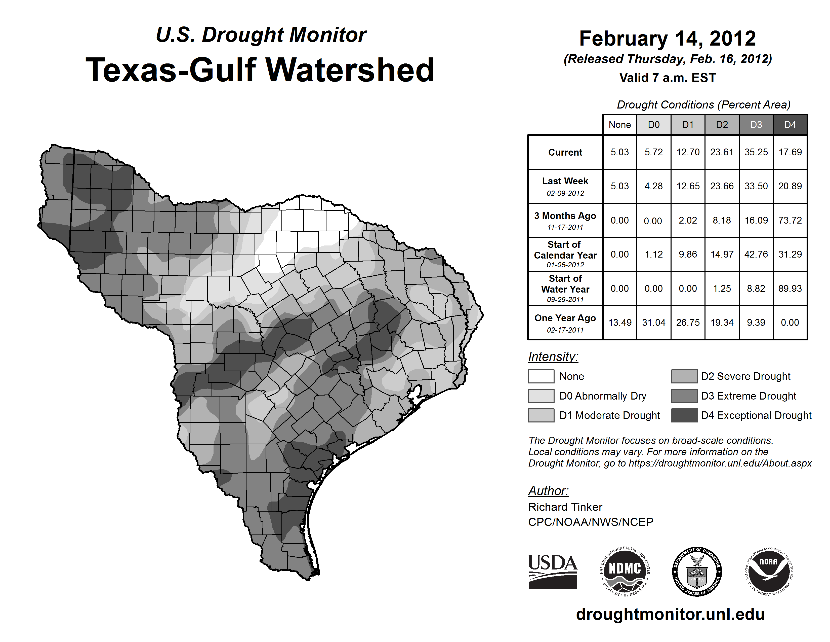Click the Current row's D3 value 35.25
756,152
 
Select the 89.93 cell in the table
790,289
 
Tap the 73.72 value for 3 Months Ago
790,220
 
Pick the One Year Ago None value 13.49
620,323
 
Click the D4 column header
790,125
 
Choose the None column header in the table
619,125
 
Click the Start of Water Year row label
565,289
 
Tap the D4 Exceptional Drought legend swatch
684,415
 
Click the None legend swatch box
541,376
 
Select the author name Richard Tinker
565,507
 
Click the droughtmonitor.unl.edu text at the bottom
670,614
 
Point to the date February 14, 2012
667,39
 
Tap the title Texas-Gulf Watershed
260,70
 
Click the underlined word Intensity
553,357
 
